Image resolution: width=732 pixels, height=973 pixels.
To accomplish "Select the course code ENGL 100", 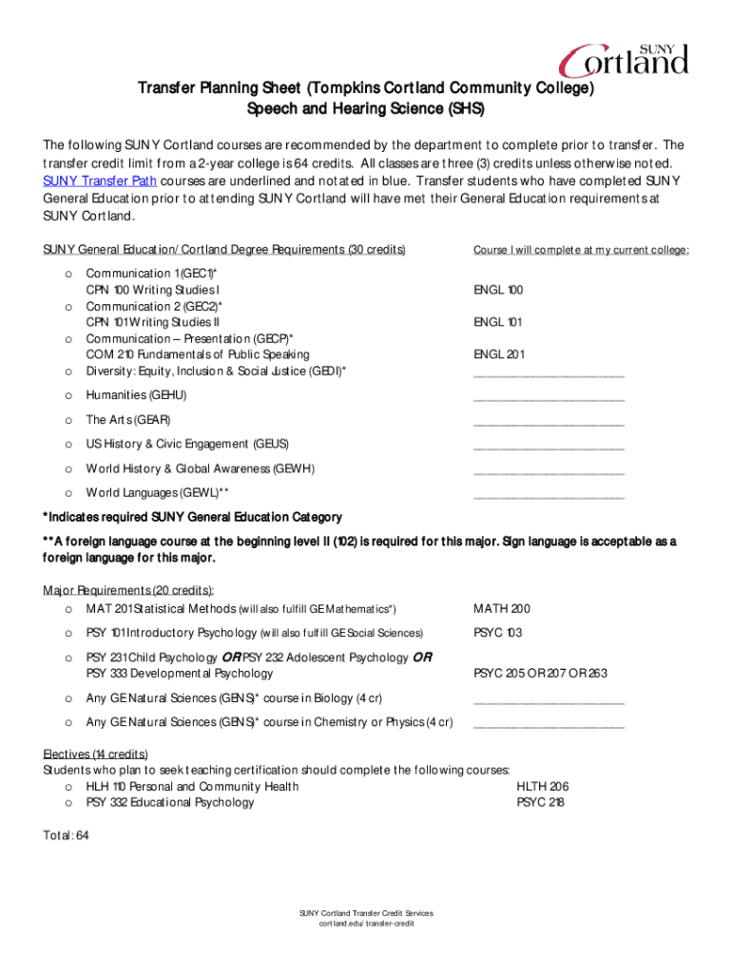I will click(x=498, y=290).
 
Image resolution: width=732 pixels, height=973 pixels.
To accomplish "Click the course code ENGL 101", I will click(x=498, y=322).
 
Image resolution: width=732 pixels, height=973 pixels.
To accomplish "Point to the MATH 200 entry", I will click(x=502, y=608).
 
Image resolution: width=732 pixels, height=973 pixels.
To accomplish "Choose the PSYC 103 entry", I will click(x=498, y=632).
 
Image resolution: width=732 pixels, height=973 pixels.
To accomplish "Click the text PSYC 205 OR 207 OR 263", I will click(x=540, y=673).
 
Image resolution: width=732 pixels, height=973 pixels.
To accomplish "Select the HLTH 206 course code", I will click(x=542, y=786).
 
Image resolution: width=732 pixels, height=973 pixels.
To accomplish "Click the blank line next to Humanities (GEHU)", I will click(x=549, y=400).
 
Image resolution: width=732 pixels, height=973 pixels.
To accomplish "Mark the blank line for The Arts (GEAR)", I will click(x=549, y=425).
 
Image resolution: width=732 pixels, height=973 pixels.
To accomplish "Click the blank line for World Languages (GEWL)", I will click(x=549, y=498).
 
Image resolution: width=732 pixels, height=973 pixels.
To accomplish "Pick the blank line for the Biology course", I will click(x=549, y=704).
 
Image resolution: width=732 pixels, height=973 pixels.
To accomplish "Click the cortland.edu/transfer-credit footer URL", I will click(x=366, y=923).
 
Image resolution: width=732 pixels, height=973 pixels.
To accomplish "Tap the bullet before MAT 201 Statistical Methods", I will click(x=67, y=608).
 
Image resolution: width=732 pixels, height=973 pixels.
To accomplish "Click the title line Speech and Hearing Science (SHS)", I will click(x=366, y=109).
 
